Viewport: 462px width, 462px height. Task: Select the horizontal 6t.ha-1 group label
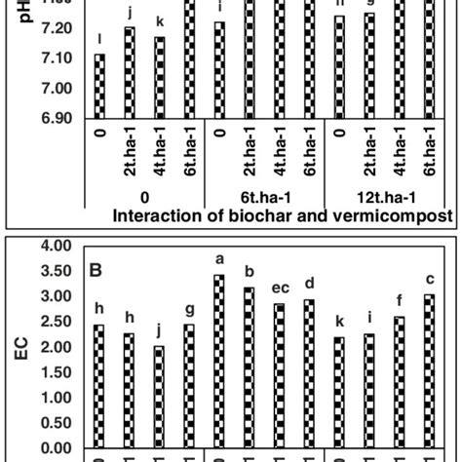[x=263, y=195]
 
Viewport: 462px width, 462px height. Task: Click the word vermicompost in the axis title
[x=396, y=214]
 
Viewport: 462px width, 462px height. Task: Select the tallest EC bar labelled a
[x=218, y=362]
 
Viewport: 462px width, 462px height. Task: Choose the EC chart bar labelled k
[x=339, y=393]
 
